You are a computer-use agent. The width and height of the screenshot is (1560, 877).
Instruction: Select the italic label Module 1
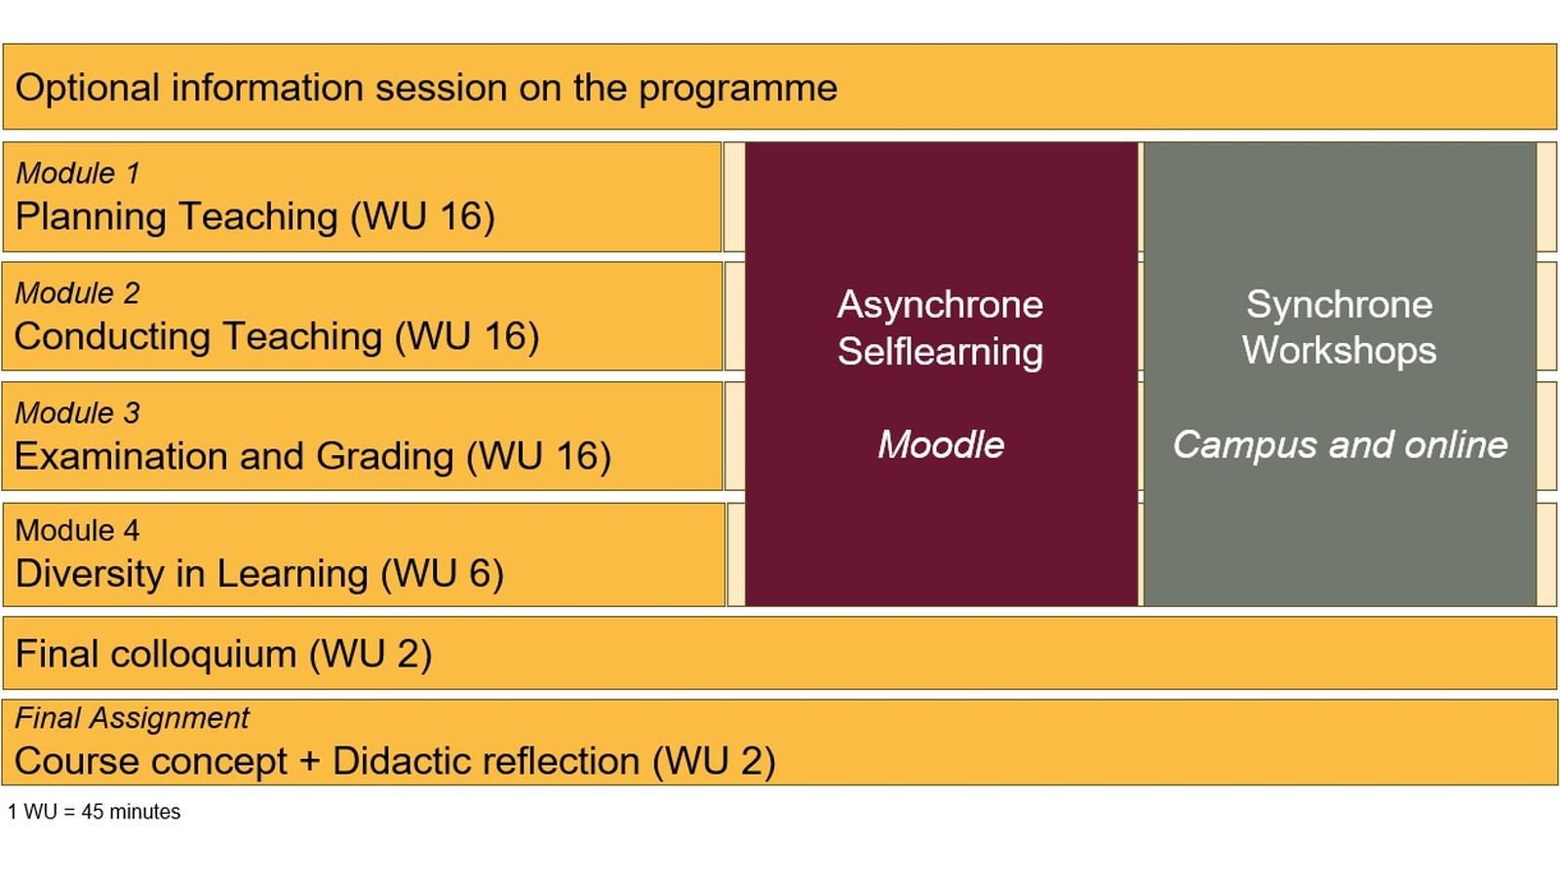pos(78,173)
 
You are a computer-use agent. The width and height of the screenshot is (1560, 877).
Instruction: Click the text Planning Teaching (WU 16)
pos(255,216)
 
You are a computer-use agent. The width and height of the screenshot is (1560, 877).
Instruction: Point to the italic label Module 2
pos(78,293)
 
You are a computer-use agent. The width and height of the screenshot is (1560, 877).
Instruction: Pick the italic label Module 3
pos(78,413)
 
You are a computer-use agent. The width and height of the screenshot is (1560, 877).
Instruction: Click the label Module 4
pos(78,531)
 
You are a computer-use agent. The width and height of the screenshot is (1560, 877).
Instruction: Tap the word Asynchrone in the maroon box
pos(940,305)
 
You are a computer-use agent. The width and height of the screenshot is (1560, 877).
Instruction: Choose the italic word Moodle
pos(940,445)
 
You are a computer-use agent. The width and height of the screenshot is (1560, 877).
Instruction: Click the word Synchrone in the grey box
pos(1339,305)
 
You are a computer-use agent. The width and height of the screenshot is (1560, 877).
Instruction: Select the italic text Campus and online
pos(1339,445)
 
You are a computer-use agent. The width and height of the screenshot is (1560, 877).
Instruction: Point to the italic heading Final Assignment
pos(132,718)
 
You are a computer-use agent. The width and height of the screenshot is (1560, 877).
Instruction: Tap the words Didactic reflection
pos(486,761)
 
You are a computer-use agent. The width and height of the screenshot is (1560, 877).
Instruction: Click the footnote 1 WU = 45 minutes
pos(94,812)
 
